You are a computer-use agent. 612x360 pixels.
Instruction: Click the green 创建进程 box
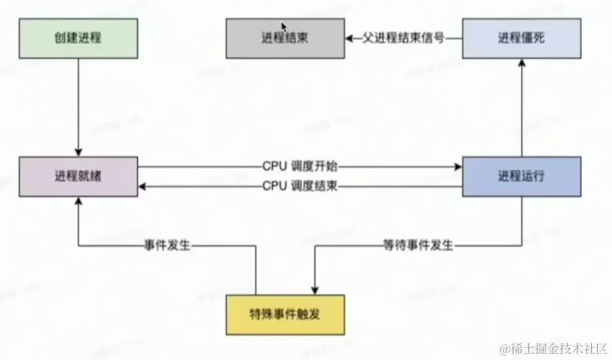pyautogui.click(x=79, y=38)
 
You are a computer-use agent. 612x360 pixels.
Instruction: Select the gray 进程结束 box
pyautogui.click(x=285, y=39)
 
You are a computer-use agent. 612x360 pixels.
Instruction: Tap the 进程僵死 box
pyautogui.click(x=521, y=39)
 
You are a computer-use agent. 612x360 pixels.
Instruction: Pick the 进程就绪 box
pyautogui.click(x=79, y=177)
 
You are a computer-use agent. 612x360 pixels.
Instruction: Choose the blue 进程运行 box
pyautogui.click(x=521, y=177)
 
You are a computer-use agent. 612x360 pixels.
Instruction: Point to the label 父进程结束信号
pyautogui.click(x=405, y=39)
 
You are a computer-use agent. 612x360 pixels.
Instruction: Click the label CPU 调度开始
pyautogui.click(x=300, y=166)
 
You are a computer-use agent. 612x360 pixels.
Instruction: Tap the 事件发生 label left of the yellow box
pyautogui.click(x=167, y=246)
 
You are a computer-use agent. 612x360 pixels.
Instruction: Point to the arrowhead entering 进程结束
pyautogui.click(x=349, y=39)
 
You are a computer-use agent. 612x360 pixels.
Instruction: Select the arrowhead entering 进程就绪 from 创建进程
pyautogui.click(x=79, y=152)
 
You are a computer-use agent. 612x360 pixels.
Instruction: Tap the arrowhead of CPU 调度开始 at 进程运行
pyautogui.click(x=458, y=166)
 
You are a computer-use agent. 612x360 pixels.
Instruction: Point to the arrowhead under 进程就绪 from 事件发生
pyautogui.click(x=79, y=201)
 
